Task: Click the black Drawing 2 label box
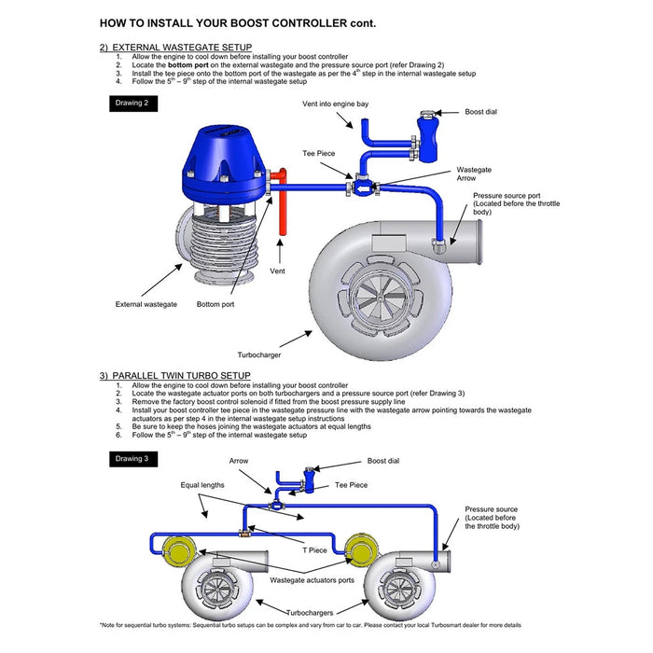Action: click(133, 104)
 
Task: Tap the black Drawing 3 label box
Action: click(133, 459)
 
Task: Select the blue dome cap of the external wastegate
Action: click(224, 162)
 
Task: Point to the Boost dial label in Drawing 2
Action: click(480, 112)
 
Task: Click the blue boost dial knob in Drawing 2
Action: click(427, 136)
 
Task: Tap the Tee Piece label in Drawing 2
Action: click(319, 153)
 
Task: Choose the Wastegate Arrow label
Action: click(474, 174)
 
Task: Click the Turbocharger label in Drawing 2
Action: click(259, 354)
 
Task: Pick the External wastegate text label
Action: click(146, 304)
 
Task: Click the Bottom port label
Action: click(215, 304)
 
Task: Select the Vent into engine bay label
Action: click(335, 104)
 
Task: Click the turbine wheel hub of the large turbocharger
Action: click(381, 299)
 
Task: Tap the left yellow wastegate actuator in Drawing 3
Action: click(179, 550)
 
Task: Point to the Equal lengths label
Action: click(202, 485)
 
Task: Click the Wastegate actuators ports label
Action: click(312, 580)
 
